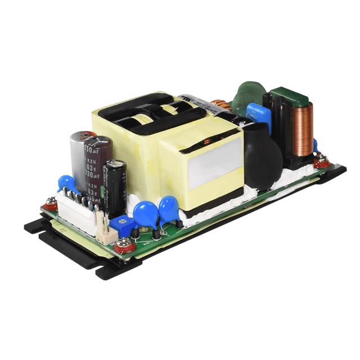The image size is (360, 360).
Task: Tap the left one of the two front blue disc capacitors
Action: (x=145, y=214)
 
